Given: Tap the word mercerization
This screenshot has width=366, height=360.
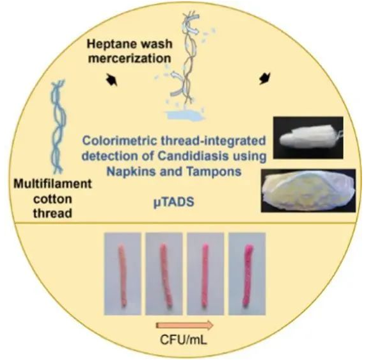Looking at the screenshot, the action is tap(129, 58).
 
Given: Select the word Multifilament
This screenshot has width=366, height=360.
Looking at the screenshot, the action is tap(52, 184).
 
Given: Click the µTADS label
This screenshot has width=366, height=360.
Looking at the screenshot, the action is tap(174, 202).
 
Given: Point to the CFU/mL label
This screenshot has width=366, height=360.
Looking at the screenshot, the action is tap(184, 340).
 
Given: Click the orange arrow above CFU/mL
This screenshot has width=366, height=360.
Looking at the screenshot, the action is tap(184, 325).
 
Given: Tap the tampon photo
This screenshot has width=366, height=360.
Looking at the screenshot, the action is tap(308, 138).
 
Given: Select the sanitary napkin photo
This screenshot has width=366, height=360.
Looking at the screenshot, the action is tap(308, 190).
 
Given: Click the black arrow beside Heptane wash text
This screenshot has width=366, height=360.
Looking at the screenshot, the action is tap(111, 80).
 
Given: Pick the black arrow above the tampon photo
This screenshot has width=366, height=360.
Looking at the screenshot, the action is tap(265, 78).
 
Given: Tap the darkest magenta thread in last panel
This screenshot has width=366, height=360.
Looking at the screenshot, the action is tap(248, 275).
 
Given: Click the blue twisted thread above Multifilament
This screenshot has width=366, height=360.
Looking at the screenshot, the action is tap(58, 127).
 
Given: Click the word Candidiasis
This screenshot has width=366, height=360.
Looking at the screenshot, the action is tap(193, 156).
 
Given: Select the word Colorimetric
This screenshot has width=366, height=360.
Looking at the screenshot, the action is tap(120, 141).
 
